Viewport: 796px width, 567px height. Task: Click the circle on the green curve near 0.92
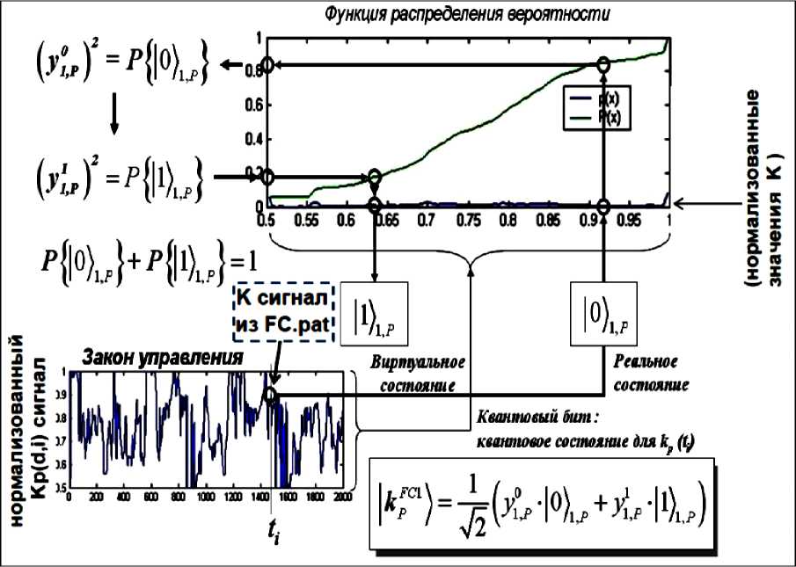pos(603,65)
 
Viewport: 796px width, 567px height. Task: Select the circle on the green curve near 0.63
pos(376,177)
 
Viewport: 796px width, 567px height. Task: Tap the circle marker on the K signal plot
pos(271,396)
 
